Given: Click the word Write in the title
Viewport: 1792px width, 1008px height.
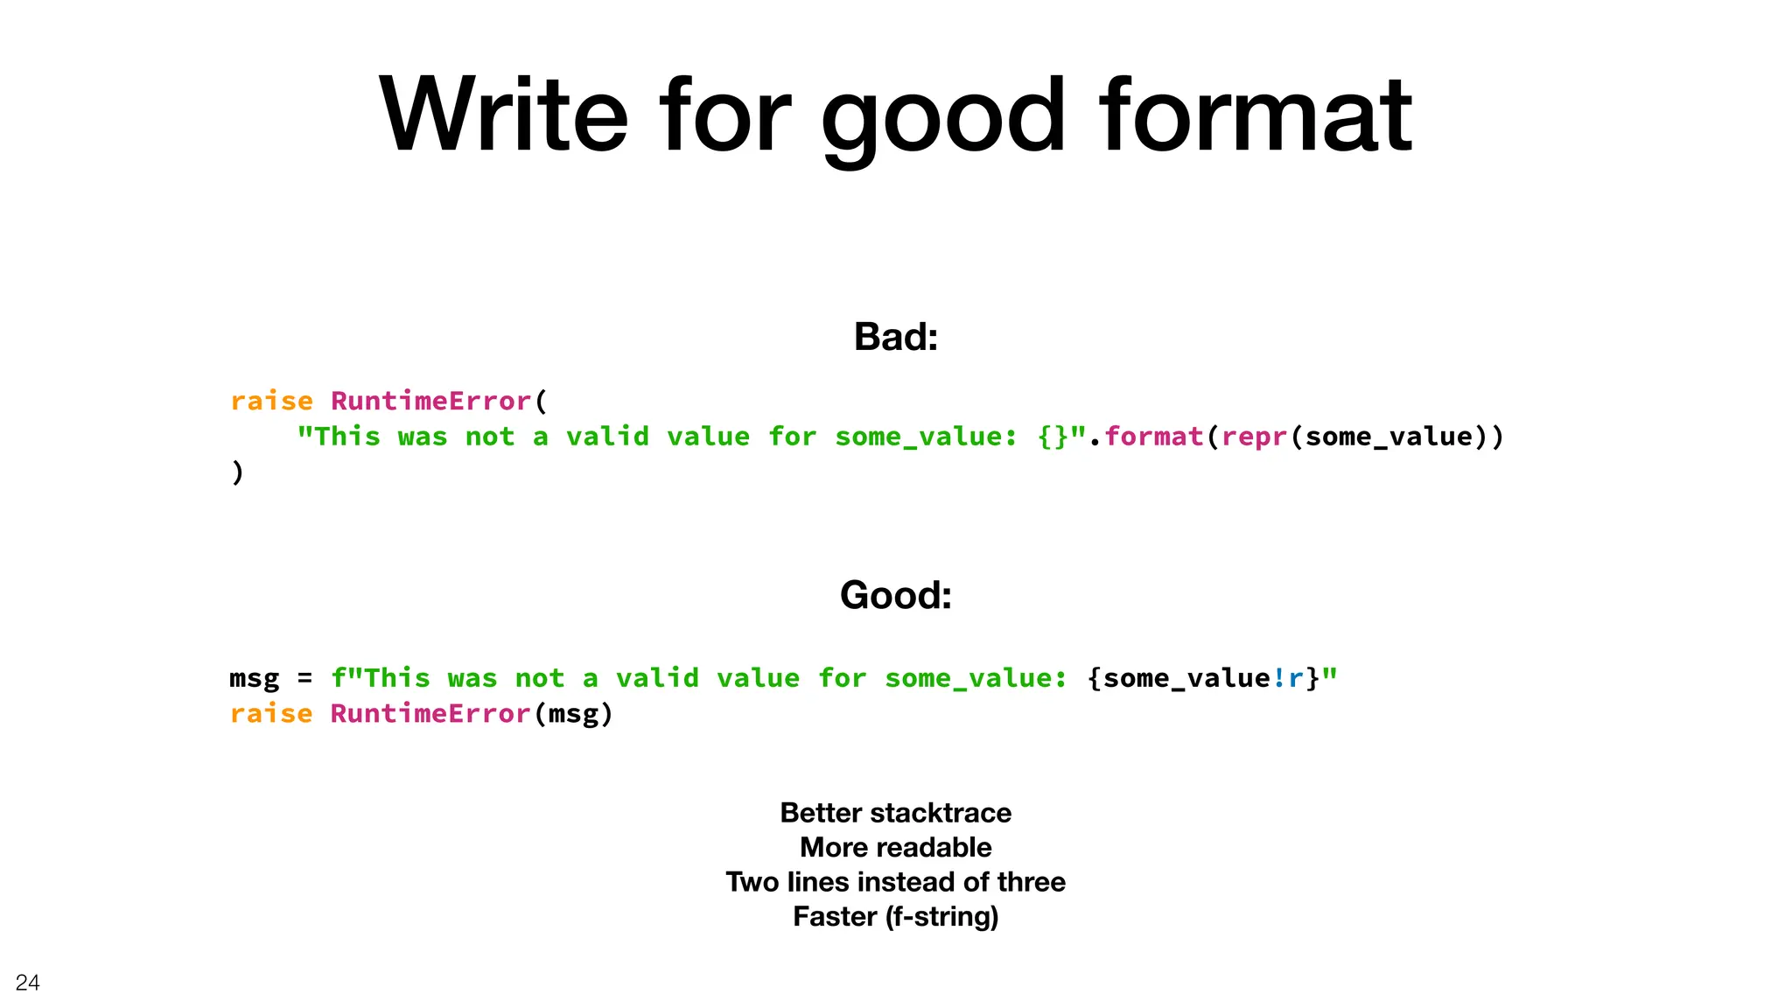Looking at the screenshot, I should coord(503,115).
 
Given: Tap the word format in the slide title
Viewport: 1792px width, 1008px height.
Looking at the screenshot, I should coord(1255,115).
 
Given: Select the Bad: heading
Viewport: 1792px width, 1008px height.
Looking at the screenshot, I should coord(895,337).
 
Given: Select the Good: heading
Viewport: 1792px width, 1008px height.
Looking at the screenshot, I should coord(895,596).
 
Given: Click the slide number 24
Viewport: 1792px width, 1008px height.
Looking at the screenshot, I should coord(28,983).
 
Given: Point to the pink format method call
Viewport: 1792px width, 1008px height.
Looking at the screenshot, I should coord(1154,436).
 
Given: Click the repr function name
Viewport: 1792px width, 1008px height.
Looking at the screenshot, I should coord(1255,436).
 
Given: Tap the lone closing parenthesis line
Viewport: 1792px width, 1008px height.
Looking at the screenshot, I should coord(237,472).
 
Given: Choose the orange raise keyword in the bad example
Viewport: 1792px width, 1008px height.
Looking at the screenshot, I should coord(271,401).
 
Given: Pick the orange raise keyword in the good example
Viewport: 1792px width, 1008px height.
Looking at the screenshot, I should coord(271,713).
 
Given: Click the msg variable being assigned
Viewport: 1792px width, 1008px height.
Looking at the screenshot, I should coord(255,678).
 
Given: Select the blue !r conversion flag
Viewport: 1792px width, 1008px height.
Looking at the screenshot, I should coord(1288,678).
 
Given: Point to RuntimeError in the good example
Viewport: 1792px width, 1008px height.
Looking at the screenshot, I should coord(430,713).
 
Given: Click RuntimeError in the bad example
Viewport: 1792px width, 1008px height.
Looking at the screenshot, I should coord(430,401).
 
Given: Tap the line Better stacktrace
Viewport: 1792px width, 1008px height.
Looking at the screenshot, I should coord(895,813).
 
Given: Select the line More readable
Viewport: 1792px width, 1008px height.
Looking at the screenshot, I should coord(895,847).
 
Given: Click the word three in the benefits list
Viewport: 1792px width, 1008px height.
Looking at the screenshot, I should coord(1032,882).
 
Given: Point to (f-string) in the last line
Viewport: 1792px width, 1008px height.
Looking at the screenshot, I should coord(941,916).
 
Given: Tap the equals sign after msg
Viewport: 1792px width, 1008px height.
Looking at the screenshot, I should coord(304,678).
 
